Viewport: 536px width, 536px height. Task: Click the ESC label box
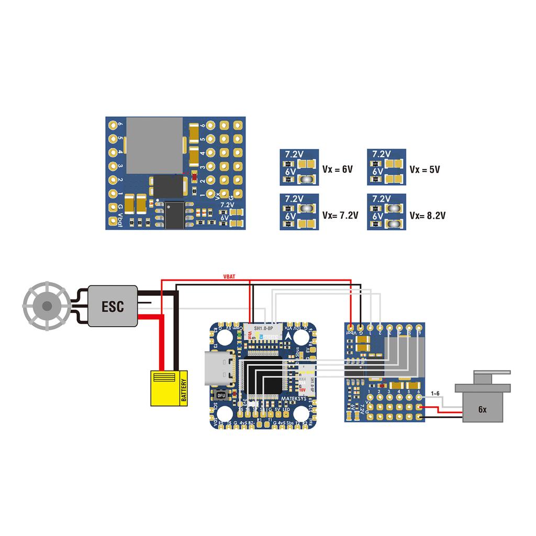click(x=113, y=306)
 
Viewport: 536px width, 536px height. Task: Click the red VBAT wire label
click(x=229, y=276)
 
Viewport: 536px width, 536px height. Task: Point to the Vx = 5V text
click(x=425, y=170)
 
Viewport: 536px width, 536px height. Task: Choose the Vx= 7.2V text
click(x=340, y=215)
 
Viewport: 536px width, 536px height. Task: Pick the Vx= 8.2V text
click(x=428, y=215)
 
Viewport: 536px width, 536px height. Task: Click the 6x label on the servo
click(x=482, y=410)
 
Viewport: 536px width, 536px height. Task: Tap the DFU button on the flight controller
click(x=221, y=395)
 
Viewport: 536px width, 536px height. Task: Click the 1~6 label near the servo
click(x=435, y=393)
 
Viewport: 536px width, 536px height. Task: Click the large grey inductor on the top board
click(x=155, y=146)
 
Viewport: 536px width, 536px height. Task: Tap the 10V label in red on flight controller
click(x=303, y=389)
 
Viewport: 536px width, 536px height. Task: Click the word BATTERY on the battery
click(x=183, y=388)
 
